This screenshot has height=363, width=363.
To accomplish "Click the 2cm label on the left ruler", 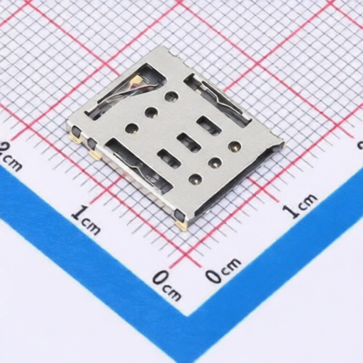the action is [10, 157].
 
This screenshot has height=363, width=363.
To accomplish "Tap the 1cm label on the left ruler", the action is [86, 220].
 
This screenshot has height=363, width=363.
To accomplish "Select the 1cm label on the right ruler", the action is [300, 205].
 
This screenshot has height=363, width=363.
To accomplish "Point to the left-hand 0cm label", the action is [167, 285].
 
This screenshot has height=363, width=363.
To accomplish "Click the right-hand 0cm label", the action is [223, 270].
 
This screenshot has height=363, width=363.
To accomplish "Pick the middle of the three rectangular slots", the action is [188, 142].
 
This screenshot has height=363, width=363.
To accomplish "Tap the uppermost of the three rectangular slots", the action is [209, 125].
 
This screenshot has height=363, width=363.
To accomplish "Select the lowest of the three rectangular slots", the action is [169, 157].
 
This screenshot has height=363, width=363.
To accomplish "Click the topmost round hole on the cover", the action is [172, 96].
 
